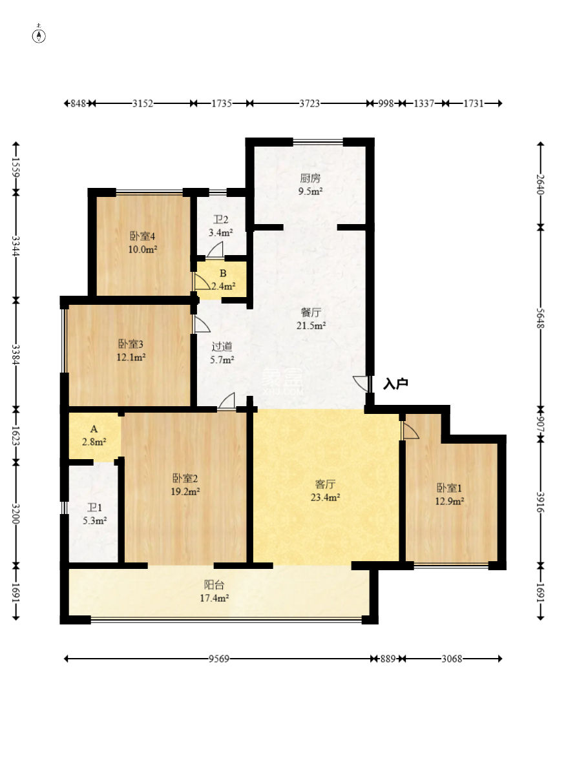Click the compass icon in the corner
pyautogui.click(x=39, y=36)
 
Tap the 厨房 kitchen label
pyautogui.click(x=310, y=178)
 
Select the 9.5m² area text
pyautogui.click(x=310, y=191)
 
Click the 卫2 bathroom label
pyautogui.click(x=221, y=220)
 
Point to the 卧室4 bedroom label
pyautogui.click(x=143, y=236)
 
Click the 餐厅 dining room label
pyautogui.click(x=311, y=312)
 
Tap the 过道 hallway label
pyautogui.click(x=222, y=347)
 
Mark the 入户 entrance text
pyautogui.click(x=395, y=384)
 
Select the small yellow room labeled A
pyautogui.click(x=94, y=435)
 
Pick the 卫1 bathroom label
pyautogui.click(x=94, y=508)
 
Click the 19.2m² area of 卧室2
pyautogui.click(x=185, y=492)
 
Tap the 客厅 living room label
pyautogui.click(x=325, y=484)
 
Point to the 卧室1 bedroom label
pyautogui.click(x=449, y=488)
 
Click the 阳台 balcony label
pyautogui.click(x=214, y=584)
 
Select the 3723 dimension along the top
pyautogui.click(x=309, y=103)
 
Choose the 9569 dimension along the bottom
pyautogui.click(x=219, y=659)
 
